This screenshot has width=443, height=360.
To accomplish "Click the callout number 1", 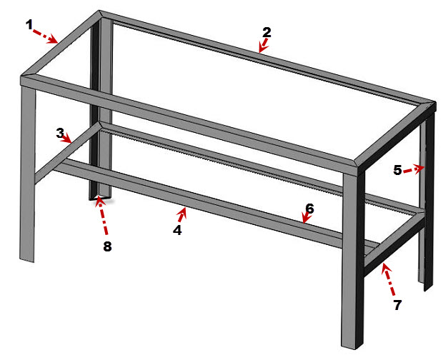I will (x=30, y=24).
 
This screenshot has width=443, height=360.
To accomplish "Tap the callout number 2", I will (x=267, y=32).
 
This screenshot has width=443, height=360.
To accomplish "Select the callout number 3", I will (x=60, y=132).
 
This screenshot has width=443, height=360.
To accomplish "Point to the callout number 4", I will (x=176, y=231).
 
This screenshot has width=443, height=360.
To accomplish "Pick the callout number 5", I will (x=398, y=171).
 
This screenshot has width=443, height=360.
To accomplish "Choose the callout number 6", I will (x=309, y=209).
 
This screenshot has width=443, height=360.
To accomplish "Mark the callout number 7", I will (x=397, y=305).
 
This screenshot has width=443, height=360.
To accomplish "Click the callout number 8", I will (x=108, y=248).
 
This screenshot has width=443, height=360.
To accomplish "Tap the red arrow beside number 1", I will (x=46, y=36).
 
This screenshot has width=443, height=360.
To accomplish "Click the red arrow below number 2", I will (x=263, y=46).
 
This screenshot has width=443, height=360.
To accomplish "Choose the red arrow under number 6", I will (x=305, y=219).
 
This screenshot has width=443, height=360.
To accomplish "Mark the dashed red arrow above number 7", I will (x=389, y=279).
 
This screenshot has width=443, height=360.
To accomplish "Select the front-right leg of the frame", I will (x=354, y=257).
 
